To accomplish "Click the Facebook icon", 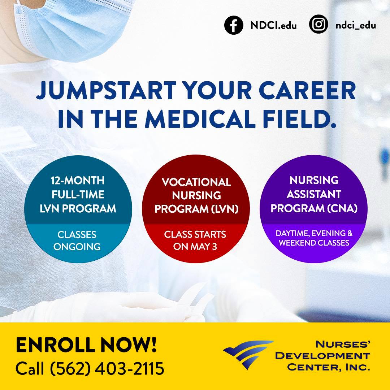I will [x=234, y=25].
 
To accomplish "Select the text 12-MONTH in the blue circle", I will [x=78, y=180].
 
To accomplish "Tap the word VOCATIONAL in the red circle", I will [x=196, y=182].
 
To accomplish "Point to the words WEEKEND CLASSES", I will [x=314, y=243].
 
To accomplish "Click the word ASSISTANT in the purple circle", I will [x=313, y=194].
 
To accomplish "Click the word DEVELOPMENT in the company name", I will [x=322, y=356].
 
